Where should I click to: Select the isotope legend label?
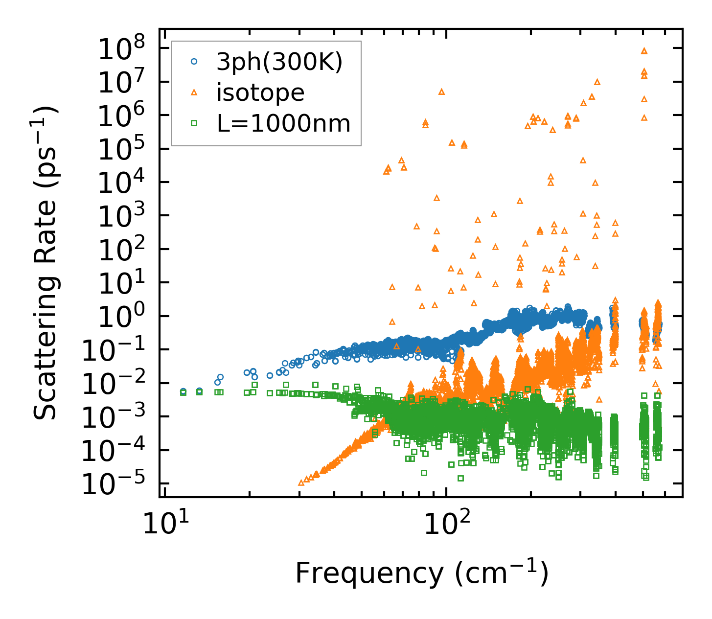tap(260, 92)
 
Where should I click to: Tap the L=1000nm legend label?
tap(284, 123)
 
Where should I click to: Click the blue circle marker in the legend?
tap(194, 62)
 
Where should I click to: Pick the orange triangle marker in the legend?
tap(194, 92)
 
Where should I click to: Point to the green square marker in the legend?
tap(194, 123)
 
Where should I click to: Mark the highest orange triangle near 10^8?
tap(644, 50)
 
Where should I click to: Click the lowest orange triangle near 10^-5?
tap(301, 482)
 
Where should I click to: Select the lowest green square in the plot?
tap(460, 478)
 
